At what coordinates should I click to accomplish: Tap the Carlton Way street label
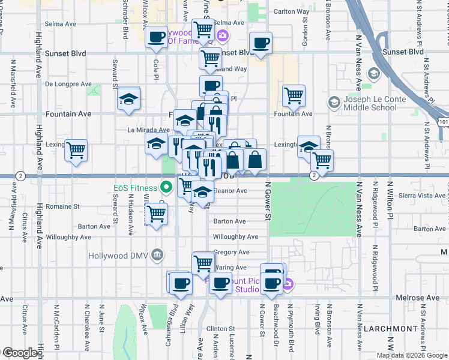click(x=292, y=11)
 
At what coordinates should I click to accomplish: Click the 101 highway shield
click(x=442, y=121)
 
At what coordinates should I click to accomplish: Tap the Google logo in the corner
click(x=20, y=353)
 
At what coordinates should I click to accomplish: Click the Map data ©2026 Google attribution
click(x=412, y=355)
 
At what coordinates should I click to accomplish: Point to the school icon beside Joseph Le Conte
click(x=334, y=103)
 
